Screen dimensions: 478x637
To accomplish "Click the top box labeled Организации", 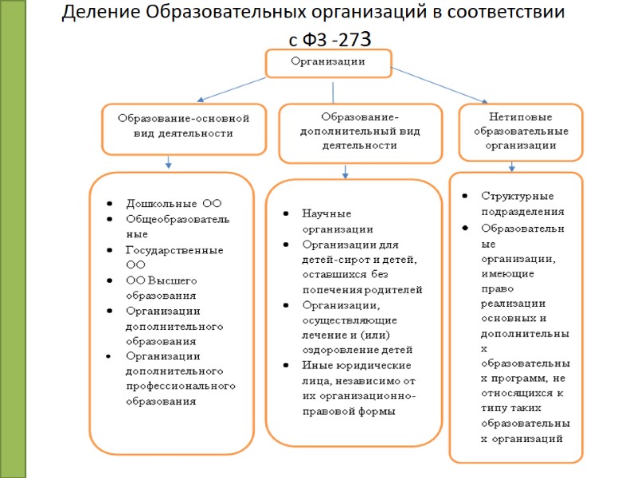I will coord(327,62).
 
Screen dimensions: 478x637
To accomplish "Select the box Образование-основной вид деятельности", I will coord(183,127).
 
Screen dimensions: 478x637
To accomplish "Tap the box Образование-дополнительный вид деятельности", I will coord(360,131).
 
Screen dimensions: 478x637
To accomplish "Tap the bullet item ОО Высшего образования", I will coord(164,287).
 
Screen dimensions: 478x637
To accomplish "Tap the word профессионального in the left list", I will coord(180,386).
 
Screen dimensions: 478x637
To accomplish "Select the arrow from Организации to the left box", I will coord(224,88).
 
